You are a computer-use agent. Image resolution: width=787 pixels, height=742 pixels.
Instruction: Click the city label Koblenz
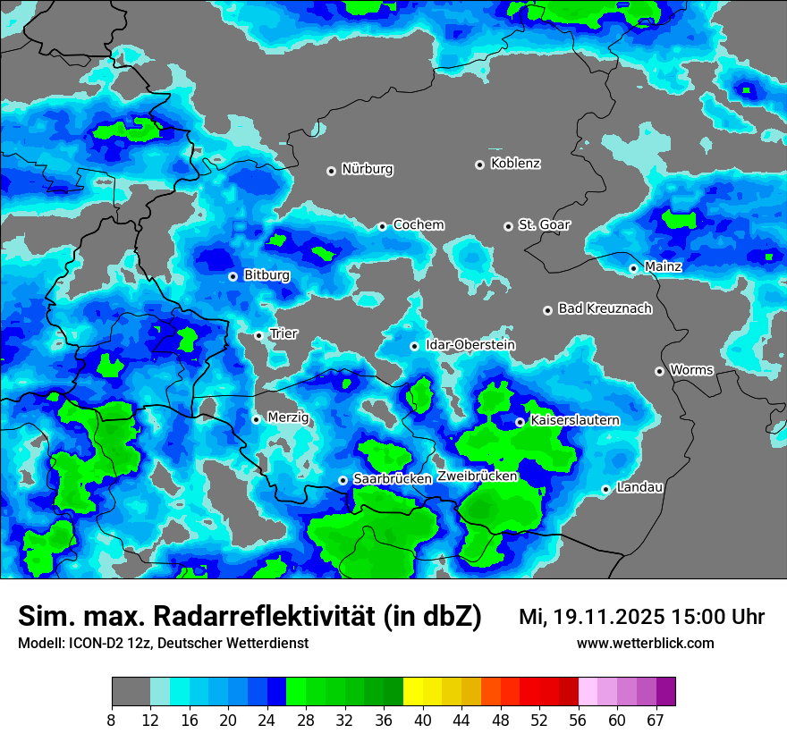tap(515, 164)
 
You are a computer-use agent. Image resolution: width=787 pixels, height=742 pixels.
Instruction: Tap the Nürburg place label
tap(367, 169)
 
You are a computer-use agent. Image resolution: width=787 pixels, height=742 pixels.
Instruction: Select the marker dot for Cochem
tap(382, 226)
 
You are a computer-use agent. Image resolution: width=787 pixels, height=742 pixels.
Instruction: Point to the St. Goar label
tap(544, 225)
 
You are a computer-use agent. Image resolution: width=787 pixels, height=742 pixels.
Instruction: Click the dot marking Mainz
tap(633, 268)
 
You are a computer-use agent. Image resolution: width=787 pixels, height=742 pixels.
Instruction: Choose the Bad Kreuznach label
tap(605, 308)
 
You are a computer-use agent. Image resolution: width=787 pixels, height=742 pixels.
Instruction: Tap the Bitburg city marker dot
tap(233, 276)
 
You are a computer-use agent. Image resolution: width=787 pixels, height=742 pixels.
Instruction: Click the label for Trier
tap(283, 333)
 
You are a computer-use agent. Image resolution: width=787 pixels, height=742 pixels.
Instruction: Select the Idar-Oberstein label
tap(470, 345)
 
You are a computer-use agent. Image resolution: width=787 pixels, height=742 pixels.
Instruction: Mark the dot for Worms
tap(659, 371)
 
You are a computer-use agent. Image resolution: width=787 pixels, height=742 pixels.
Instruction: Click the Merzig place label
tap(288, 417)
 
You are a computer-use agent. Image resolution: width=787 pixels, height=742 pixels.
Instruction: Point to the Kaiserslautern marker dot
tap(520, 422)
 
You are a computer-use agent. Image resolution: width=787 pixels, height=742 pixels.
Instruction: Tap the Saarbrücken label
tap(393, 479)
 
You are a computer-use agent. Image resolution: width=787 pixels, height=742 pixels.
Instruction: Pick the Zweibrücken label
tap(478, 476)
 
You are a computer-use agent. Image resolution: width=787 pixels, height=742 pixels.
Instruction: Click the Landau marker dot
tap(605, 489)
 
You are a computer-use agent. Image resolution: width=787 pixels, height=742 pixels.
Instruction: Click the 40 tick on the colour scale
tap(423, 720)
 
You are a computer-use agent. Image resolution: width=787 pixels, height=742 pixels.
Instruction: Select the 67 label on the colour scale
tap(655, 720)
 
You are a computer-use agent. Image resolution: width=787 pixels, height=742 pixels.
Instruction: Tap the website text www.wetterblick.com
tap(645, 643)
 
